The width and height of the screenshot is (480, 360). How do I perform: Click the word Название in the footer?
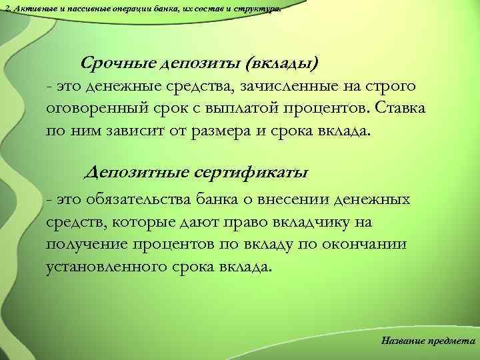(403, 341)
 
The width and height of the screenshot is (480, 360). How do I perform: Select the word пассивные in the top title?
(77, 6)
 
